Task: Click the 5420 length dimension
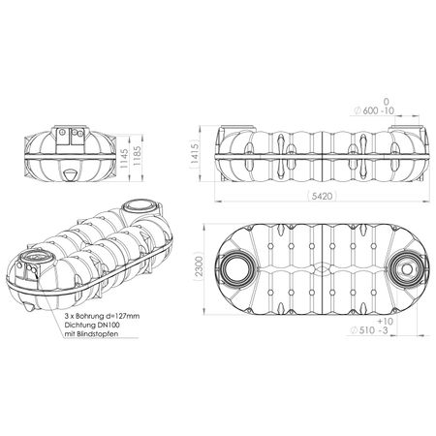click(x=323, y=196)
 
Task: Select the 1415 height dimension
click(x=195, y=154)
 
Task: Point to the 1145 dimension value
click(x=124, y=157)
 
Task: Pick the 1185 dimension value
click(x=137, y=157)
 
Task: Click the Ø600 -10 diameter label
click(x=374, y=110)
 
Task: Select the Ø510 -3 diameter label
click(x=369, y=330)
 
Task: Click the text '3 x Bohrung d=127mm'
click(x=102, y=316)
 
